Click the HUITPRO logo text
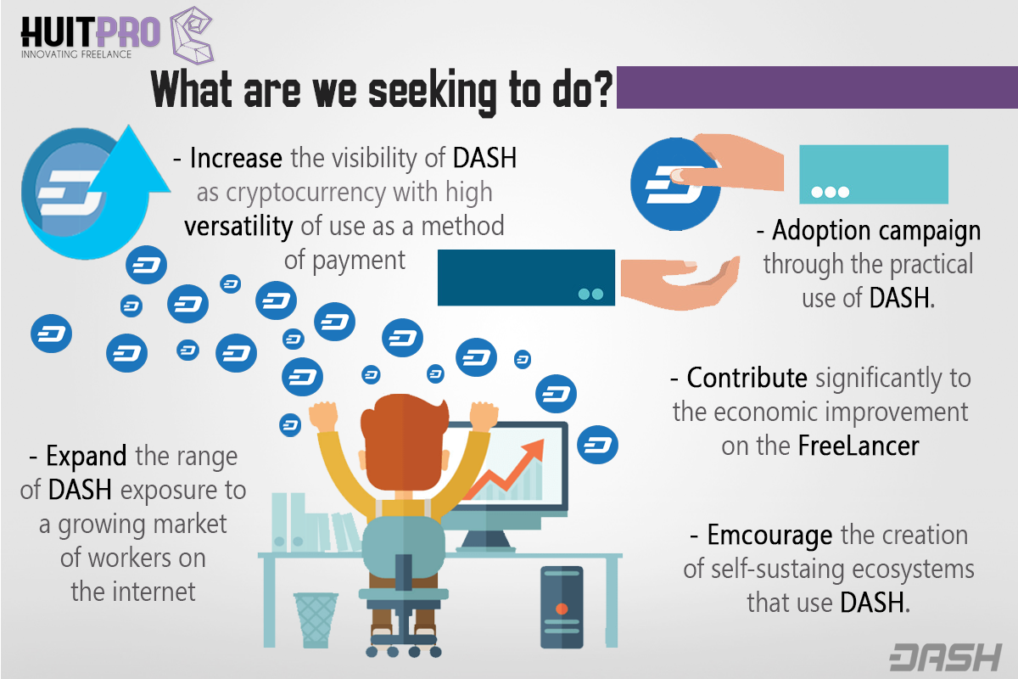(91, 31)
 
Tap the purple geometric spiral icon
(192, 35)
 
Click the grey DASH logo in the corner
(946, 657)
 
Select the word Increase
(236, 158)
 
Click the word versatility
(238, 227)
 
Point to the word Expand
(87, 456)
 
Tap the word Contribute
(747, 378)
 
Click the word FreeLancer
(859, 446)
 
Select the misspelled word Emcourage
(770, 536)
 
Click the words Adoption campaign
(876, 231)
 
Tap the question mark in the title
(602, 89)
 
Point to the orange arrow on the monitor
(506, 472)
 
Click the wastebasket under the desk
(316, 620)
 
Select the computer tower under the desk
(562, 607)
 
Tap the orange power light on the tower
(562, 609)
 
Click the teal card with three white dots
(874, 175)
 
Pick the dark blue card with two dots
(526, 278)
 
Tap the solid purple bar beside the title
(817, 87)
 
